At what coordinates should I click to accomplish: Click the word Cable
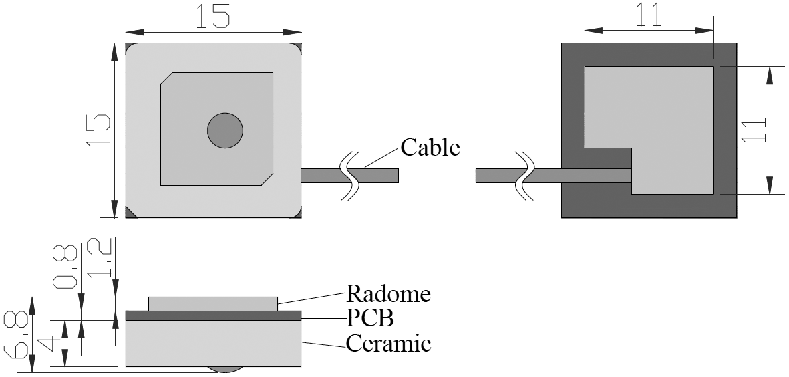tap(430, 147)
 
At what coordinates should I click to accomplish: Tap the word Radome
tap(388, 294)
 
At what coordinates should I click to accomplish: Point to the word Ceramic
tap(388, 344)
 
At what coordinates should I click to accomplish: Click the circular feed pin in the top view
tap(224, 130)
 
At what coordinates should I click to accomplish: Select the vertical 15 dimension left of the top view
tap(100, 130)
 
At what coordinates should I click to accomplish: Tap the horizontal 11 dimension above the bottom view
tap(649, 16)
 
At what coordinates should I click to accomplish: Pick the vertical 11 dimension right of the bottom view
tap(753, 130)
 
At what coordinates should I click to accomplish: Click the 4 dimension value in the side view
tap(47, 344)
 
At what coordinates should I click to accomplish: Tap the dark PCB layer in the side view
tap(213, 316)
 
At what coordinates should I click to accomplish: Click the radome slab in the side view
tap(212, 303)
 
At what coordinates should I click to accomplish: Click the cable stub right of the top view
tap(321, 175)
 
